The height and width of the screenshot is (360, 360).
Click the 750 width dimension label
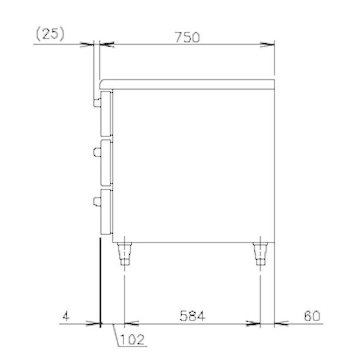click(187, 37)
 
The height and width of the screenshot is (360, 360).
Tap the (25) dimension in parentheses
click(50, 34)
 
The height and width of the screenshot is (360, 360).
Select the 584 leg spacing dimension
click(192, 316)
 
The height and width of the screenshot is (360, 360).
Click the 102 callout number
click(132, 339)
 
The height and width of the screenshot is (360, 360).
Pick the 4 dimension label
click(66, 316)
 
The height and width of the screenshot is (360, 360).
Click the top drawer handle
click(97, 103)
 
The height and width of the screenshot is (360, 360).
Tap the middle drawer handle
click(97, 152)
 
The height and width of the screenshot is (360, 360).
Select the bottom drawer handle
click(97, 201)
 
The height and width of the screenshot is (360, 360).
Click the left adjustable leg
click(124, 253)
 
